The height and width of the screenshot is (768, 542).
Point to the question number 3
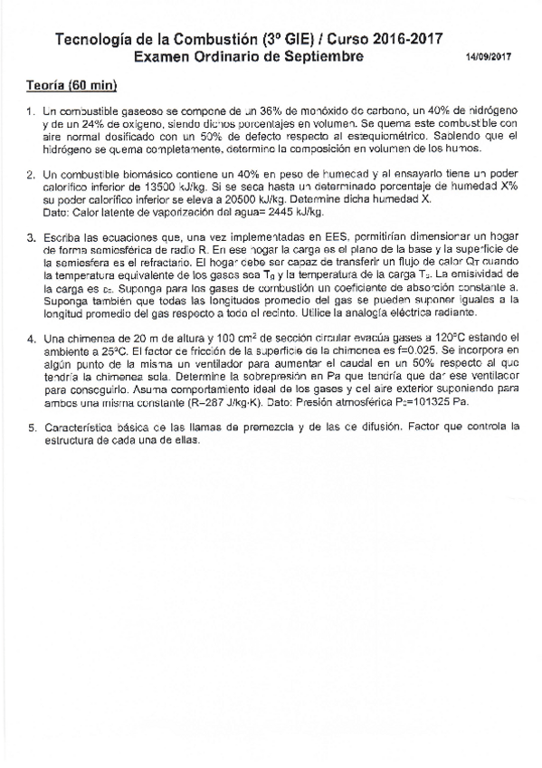[x=30, y=237]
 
